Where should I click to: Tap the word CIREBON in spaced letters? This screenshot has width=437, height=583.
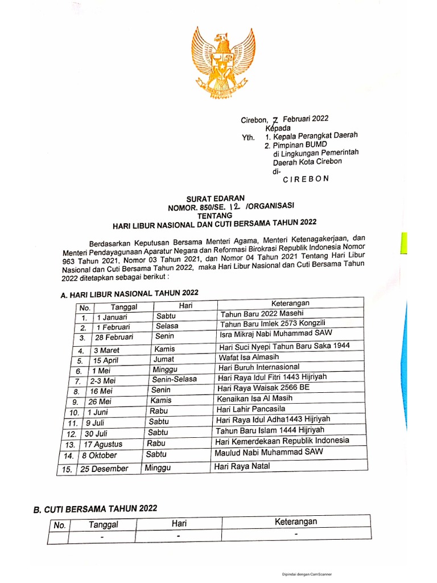306,178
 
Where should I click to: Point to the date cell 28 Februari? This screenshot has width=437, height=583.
114,337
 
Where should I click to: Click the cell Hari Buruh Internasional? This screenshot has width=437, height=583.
259,367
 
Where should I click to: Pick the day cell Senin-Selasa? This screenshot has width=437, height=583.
175,380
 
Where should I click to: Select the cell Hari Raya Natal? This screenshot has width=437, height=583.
242,466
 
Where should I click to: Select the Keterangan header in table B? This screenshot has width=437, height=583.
296,522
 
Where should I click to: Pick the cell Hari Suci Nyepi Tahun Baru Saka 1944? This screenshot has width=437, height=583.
283,346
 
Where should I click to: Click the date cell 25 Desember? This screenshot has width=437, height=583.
105,469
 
